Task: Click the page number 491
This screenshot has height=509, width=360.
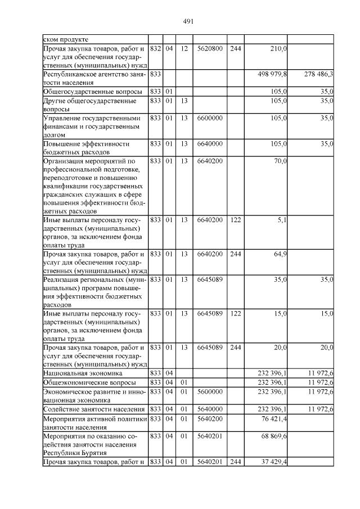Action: (x=188, y=21)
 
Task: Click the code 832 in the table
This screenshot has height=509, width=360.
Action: (x=156, y=49)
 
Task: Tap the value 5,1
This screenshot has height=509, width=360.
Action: (x=282, y=219)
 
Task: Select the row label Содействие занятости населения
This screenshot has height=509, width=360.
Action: (x=94, y=409)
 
